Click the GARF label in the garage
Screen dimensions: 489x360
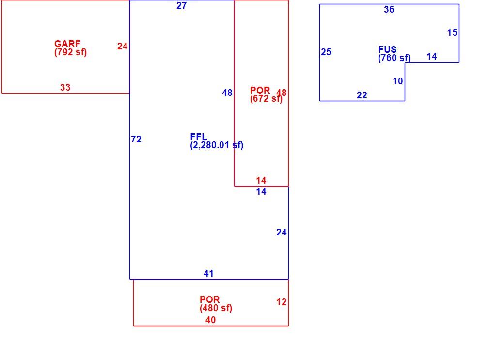pos(67,44)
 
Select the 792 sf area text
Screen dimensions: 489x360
pos(70,52)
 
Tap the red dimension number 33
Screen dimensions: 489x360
pos(65,87)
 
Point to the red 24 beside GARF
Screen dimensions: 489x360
pos(123,47)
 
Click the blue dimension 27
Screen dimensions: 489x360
pos(182,6)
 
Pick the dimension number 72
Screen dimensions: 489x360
pos(136,140)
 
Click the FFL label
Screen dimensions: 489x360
pos(199,137)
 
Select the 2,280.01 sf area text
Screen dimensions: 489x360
pos(217,145)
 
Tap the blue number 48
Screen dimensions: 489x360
pos(227,93)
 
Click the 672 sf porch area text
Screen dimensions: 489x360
pos(267,99)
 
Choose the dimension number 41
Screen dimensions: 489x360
pos(208,274)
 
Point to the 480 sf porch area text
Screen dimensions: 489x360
pos(216,308)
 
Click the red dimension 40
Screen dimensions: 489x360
pos(210,320)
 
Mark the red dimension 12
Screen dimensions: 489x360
pos(281,302)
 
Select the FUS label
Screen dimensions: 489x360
pos(387,49)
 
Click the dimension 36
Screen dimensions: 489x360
pos(389,9)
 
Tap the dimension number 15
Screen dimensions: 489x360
pos(452,33)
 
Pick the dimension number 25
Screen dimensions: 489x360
pos(326,52)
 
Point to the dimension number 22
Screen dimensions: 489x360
pos(362,95)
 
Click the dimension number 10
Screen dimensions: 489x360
pos(398,81)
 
